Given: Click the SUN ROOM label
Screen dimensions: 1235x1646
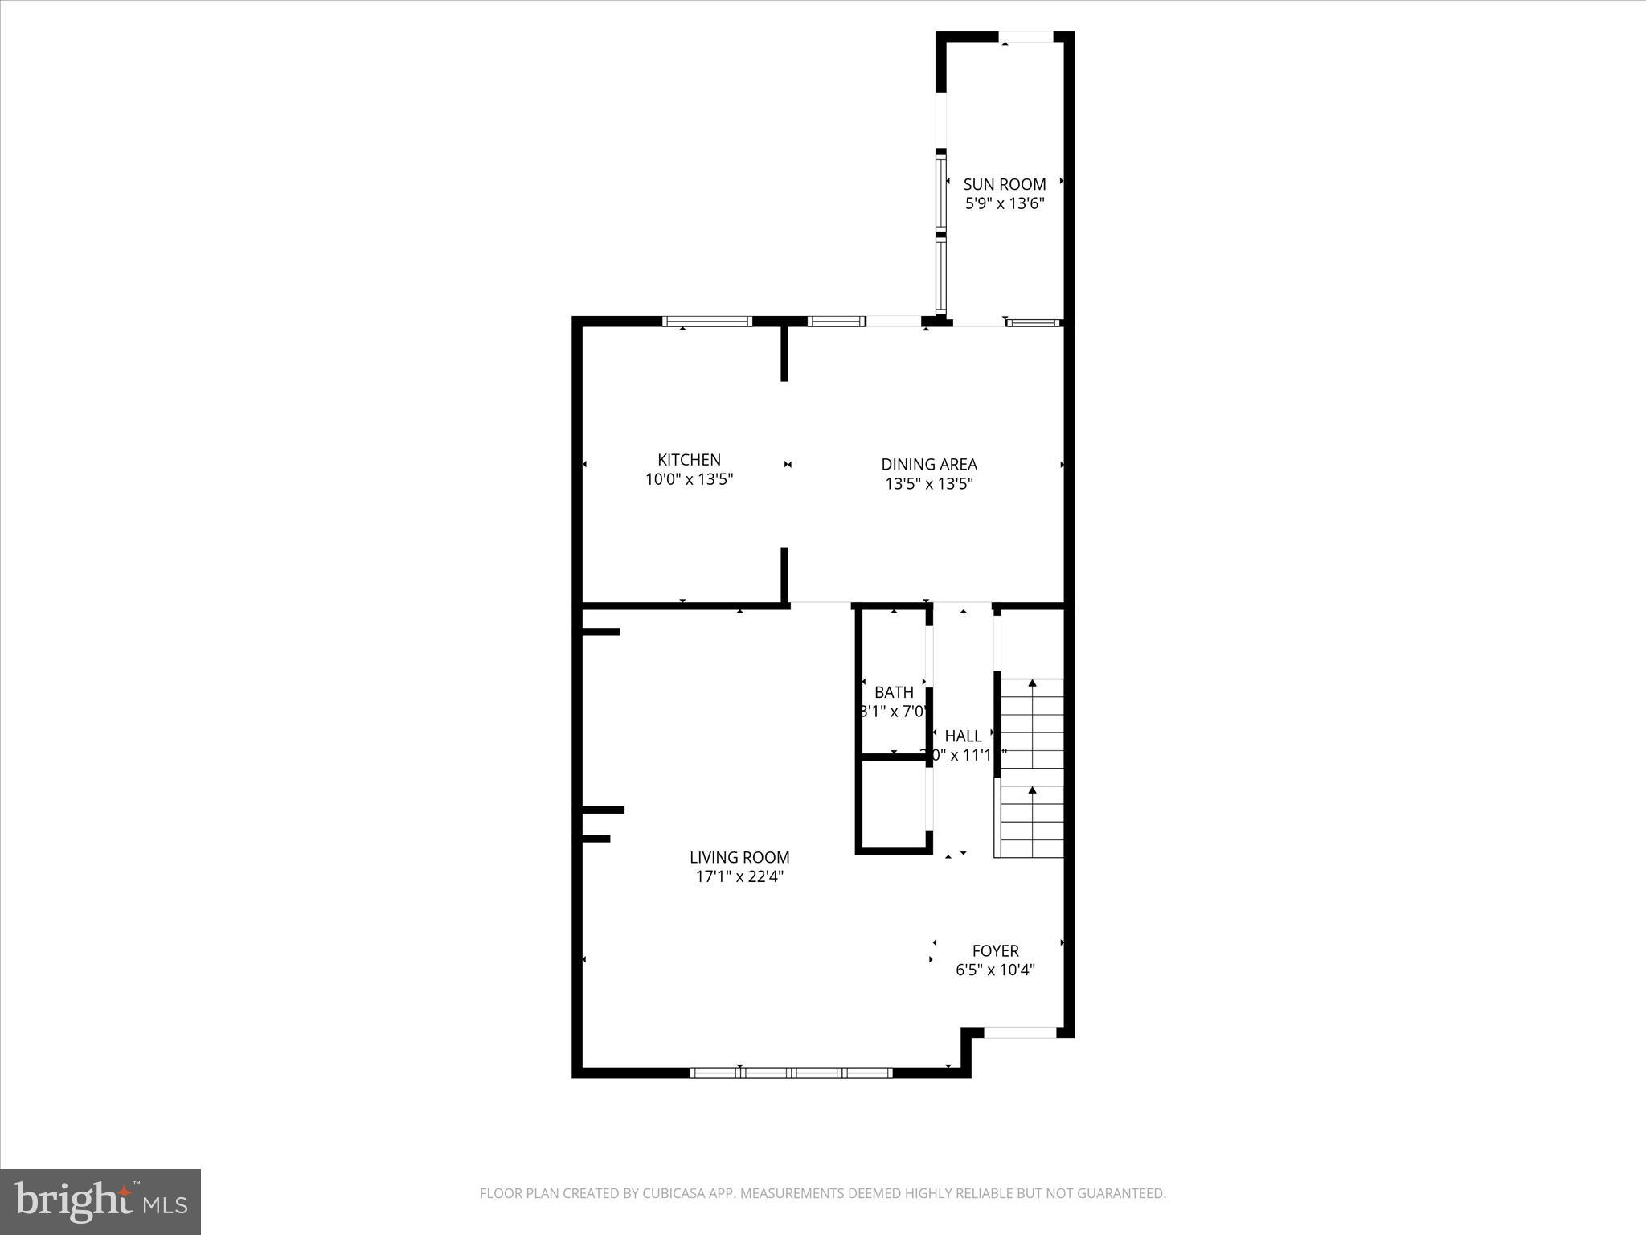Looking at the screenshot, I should point(1005,184).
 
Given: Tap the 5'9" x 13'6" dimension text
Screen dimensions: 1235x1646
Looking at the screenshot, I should point(1005,204).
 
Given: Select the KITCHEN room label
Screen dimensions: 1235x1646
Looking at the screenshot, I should point(689,460).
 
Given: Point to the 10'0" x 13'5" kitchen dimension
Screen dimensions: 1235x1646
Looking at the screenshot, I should point(689,480).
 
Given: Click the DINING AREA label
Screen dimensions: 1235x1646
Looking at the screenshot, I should point(929,464).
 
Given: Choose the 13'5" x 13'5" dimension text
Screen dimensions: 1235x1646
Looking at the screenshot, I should point(929,484).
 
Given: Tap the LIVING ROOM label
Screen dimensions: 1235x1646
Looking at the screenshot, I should point(739,857).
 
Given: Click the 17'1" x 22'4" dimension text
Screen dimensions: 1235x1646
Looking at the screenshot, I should point(739,877).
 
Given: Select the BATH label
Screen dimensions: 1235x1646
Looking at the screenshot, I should point(894,692).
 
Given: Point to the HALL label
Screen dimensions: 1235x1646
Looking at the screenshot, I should point(963,736).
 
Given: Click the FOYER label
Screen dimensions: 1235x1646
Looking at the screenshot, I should point(995,950).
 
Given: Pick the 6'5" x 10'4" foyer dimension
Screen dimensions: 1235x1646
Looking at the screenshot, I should point(995,970).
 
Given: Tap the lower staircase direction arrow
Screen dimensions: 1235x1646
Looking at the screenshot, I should point(1032,792).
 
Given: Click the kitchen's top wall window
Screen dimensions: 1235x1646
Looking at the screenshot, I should point(706,322).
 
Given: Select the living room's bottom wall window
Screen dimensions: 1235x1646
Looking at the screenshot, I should point(792,1073).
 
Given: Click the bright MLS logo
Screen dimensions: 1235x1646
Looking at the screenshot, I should point(100,1202).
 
